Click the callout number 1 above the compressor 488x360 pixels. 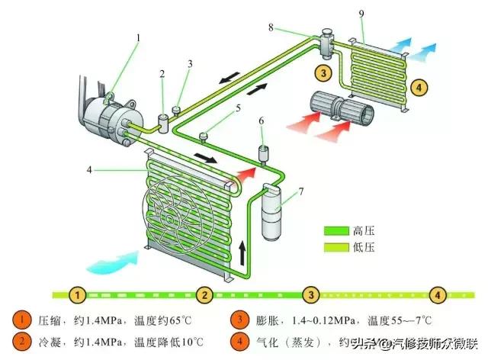(138, 37)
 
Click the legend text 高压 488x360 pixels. (363, 230)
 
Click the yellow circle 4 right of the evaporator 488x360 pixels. (418, 87)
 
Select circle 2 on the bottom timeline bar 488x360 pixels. (204, 294)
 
